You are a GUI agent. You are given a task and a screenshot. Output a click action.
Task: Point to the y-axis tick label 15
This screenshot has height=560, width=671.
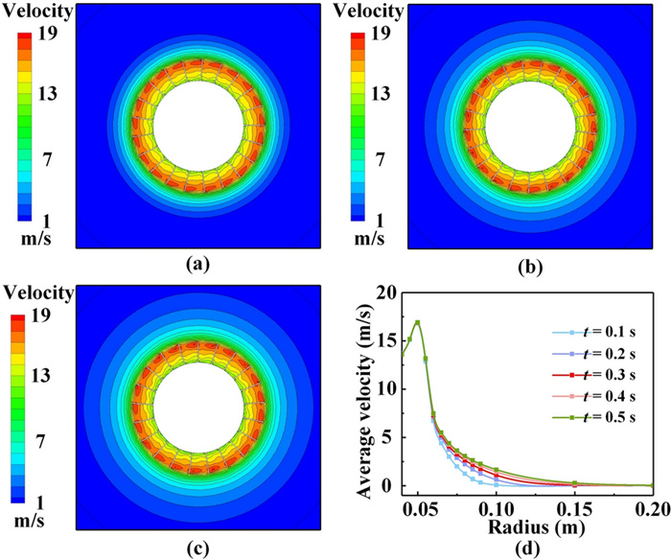tap(384, 341)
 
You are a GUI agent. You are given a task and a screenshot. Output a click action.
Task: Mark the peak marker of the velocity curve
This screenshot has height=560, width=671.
tap(418, 323)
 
